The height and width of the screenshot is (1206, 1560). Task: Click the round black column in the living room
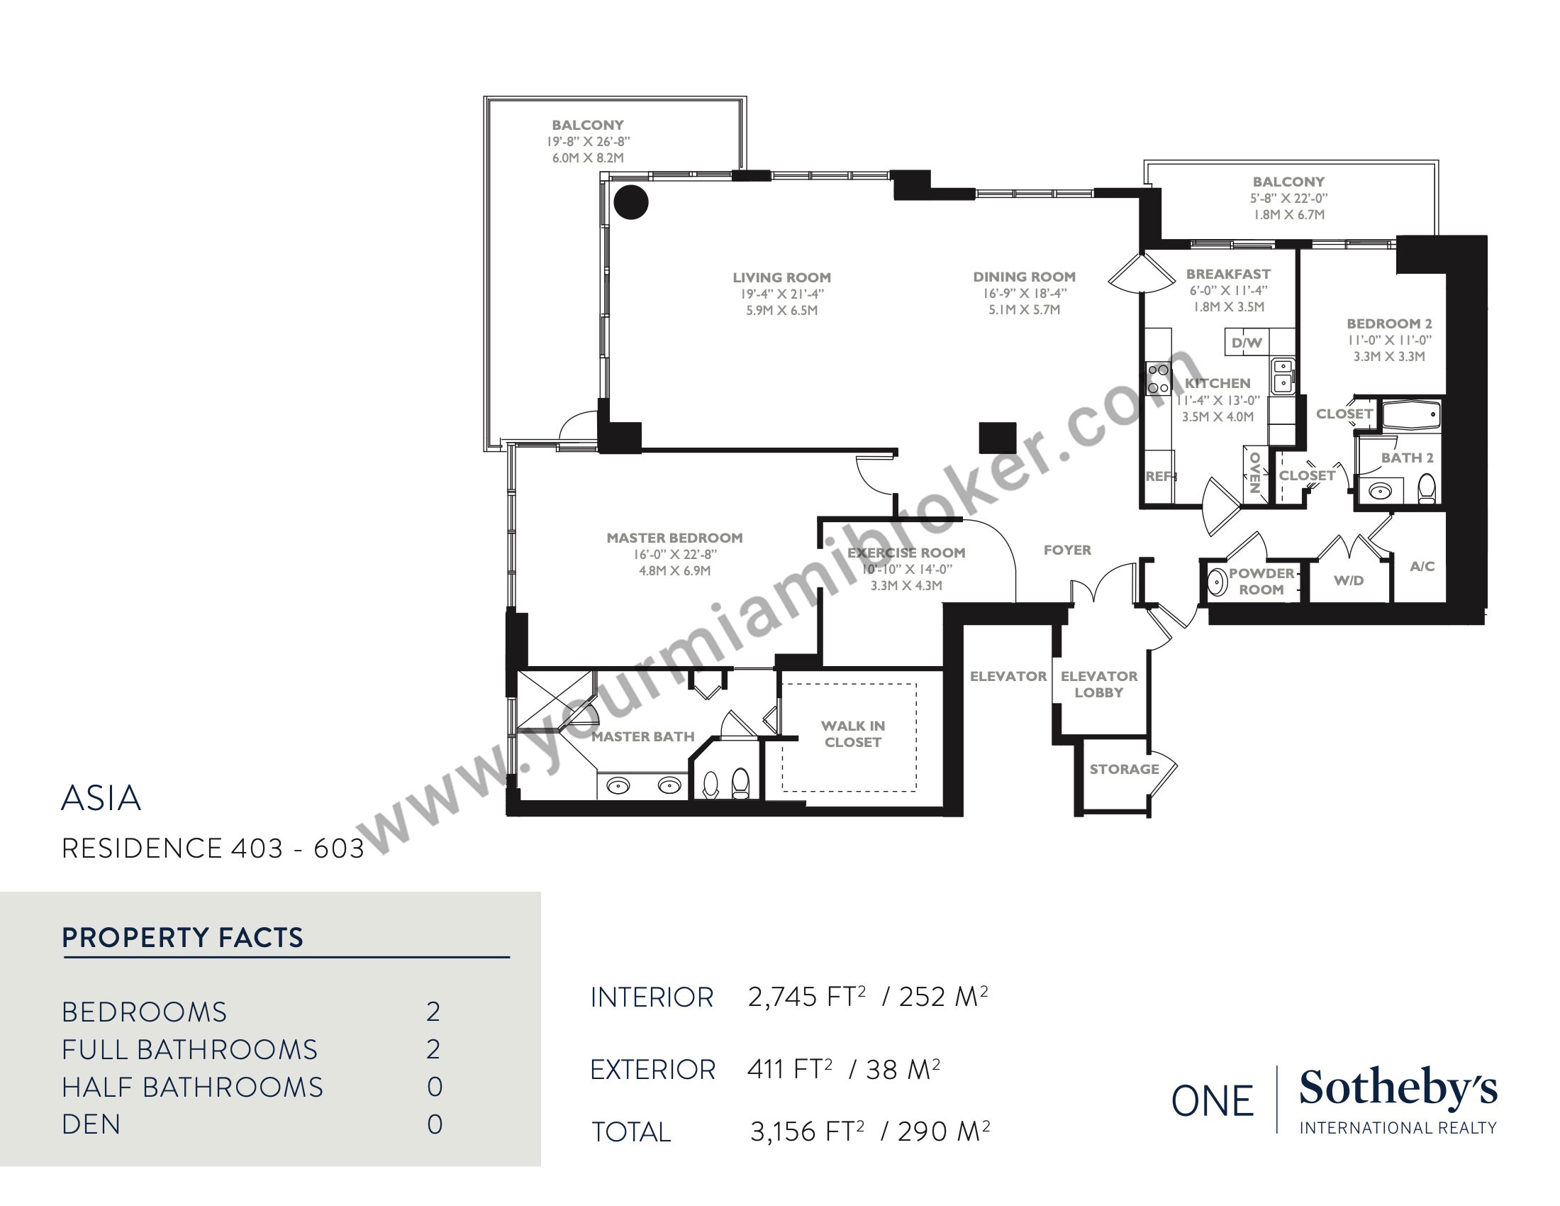tap(630, 202)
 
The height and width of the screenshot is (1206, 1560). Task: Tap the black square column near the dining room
tap(997, 438)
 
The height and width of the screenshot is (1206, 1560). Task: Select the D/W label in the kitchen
tap(1247, 343)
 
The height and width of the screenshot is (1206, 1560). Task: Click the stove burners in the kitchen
tap(1157, 380)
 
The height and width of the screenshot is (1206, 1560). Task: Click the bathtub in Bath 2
tap(1411, 415)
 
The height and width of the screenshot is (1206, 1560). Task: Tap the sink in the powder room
tap(1217, 582)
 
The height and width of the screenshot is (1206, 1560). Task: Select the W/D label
tap(1349, 581)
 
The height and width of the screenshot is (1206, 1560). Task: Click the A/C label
tap(1422, 567)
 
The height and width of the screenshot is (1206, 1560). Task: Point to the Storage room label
tap(1124, 770)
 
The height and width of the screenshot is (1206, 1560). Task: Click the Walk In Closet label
tap(853, 734)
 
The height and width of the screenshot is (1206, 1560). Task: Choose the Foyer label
tap(1067, 550)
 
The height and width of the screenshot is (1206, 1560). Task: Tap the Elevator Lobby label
tap(1098, 684)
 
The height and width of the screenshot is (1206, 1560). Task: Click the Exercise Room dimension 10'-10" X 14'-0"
tap(906, 570)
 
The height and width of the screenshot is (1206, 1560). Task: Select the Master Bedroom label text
tap(674, 538)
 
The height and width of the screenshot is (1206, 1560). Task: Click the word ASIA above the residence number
tap(101, 799)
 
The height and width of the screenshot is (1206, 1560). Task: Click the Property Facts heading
tap(183, 937)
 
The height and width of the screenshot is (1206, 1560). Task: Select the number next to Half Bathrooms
tap(434, 1088)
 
